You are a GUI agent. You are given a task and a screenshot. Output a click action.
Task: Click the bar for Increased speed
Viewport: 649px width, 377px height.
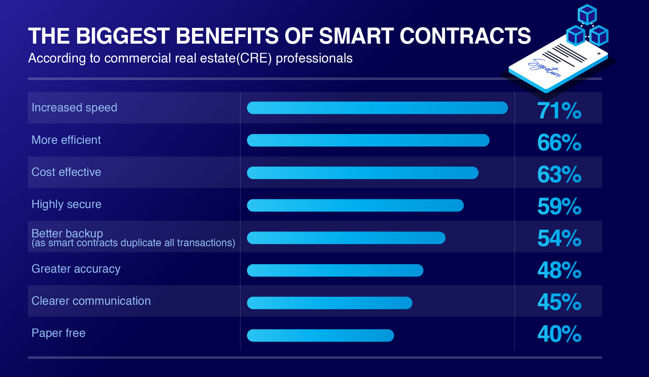coord(377,108)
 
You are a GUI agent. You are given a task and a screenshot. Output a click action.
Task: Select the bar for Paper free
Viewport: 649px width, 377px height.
coord(320,335)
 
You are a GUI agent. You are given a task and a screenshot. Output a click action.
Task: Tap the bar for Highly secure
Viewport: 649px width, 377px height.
coord(355,205)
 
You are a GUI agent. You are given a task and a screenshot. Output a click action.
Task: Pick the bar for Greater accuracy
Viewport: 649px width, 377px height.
coord(335,270)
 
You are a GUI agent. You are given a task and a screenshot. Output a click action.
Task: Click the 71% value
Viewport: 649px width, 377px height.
coord(559,111)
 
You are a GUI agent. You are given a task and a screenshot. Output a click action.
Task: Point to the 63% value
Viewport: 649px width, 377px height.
coord(559,175)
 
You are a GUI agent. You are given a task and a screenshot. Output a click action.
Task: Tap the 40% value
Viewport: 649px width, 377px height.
coord(559,334)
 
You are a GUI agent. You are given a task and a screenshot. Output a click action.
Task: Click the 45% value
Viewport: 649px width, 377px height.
coord(559,302)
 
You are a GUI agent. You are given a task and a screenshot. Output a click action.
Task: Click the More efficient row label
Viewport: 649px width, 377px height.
coord(66,140)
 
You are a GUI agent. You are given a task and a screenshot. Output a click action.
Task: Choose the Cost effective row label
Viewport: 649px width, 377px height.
coord(66,172)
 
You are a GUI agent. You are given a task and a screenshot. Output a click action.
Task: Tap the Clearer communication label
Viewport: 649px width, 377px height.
coord(91,301)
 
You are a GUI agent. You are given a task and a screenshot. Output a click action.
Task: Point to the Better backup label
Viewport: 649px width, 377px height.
coord(67,233)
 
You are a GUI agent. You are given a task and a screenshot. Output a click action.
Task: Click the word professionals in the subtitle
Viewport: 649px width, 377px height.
coord(314,58)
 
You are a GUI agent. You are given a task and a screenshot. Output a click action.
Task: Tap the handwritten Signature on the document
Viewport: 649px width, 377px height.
coord(545,68)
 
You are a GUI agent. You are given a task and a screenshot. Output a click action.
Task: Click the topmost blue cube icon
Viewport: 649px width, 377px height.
coord(587,15)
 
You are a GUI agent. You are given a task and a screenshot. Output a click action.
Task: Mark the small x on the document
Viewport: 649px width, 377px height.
coord(599,53)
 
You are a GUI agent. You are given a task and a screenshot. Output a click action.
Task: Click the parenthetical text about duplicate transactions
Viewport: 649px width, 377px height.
coord(133,243)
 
